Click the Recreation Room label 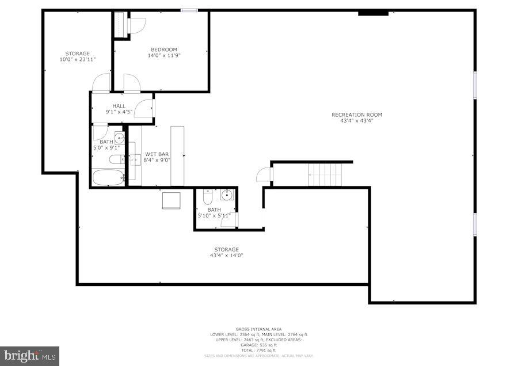point(356,115)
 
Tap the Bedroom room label point(164,49)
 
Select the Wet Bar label point(156,154)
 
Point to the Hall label point(119,106)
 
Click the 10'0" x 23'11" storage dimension point(78,59)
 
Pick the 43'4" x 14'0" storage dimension point(226,255)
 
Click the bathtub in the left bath point(108,177)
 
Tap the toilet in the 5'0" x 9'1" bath point(115,159)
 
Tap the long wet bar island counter point(177,155)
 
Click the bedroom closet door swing point(137,26)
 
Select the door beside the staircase point(263,174)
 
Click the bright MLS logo point(30,355)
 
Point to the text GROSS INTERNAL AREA point(258,329)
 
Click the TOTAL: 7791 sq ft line point(258,350)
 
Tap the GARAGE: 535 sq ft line point(258,345)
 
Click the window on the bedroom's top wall point(189,10)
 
